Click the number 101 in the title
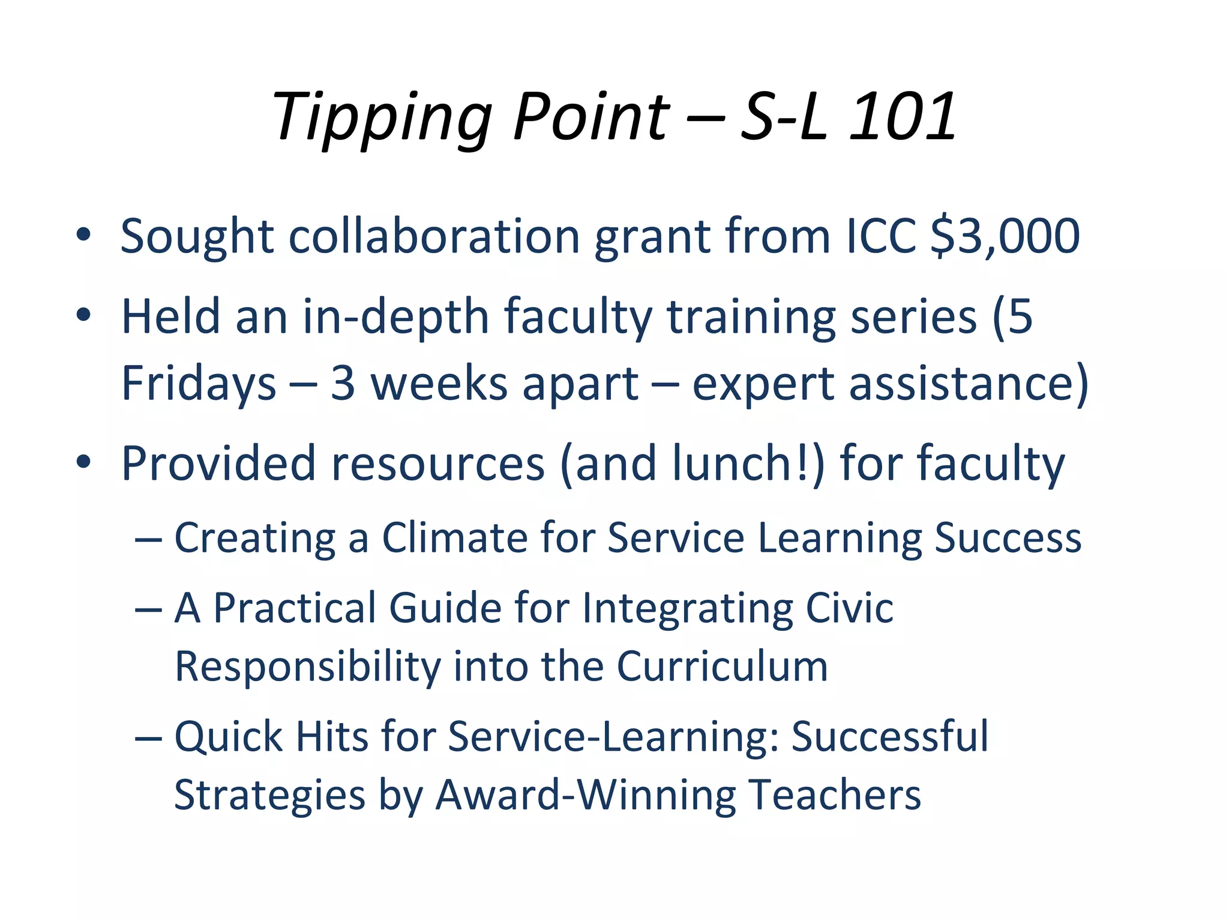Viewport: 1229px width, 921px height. click(903, 117)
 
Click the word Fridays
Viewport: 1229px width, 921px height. click(199, 384)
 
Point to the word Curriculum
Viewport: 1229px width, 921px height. click(723, 666)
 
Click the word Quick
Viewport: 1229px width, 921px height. click(228, 737)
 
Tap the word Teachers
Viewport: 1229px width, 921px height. click(835, 795)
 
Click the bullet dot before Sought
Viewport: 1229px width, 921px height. click(83, 234)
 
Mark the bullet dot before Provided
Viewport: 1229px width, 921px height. click(83, 462)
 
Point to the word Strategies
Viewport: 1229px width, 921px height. click(269, 795)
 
